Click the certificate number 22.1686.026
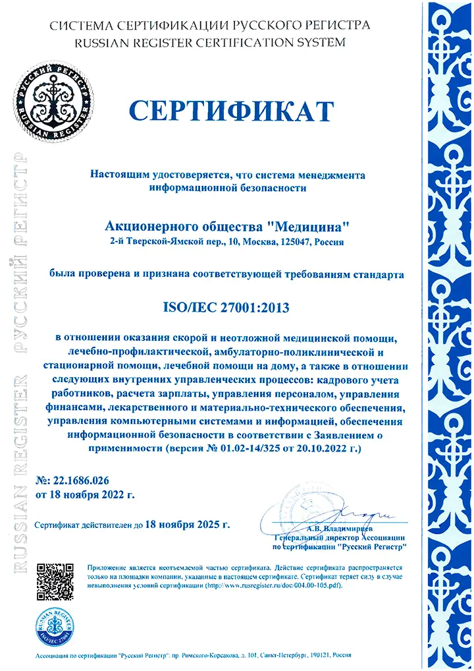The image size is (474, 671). pos(82,482)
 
